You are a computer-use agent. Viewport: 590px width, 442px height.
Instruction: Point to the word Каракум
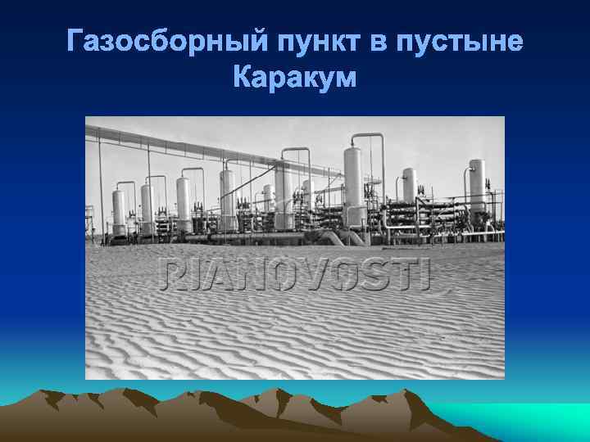295,78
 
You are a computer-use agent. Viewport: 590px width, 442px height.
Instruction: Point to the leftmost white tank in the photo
119,209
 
